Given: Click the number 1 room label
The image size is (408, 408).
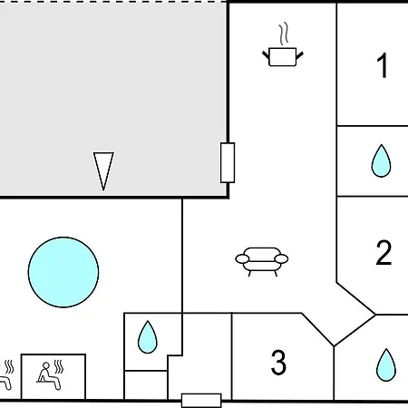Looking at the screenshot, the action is [x=383, y=65].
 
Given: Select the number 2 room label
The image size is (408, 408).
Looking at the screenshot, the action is [x=384, y=253].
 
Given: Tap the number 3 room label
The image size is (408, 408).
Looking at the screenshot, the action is [x=278, y=362].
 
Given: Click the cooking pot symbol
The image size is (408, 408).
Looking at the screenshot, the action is [x=283, y=56].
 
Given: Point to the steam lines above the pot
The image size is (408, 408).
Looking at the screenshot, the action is [x=284, y=34].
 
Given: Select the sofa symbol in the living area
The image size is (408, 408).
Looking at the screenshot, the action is [x=262, y=262].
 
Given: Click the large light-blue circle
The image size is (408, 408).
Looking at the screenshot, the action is [x=63, y=272].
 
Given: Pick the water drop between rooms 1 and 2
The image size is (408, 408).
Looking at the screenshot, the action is [x=381, y=160].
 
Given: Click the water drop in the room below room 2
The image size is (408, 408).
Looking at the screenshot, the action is [x=386, y=365].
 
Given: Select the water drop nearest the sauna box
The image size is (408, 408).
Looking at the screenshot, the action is [x=148, y=337].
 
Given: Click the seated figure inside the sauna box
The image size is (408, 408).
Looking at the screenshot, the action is [x=48, y=376].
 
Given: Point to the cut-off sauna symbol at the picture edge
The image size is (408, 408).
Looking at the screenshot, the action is [x=6, y=374].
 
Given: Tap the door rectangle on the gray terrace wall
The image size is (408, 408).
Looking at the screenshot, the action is [x=228, y=162].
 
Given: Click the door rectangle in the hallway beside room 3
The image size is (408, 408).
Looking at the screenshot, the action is [x=201, y=401].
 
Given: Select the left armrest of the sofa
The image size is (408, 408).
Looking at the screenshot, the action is [x=242, y=259].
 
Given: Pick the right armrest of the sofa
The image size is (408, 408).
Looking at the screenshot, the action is [x=281, y=259].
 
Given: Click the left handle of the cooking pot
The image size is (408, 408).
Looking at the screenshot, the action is [x=266, y=55].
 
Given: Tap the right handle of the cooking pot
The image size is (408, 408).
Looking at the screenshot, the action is [x=299, y=55].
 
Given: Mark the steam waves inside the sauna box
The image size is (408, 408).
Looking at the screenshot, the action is [x=59, y=367].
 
